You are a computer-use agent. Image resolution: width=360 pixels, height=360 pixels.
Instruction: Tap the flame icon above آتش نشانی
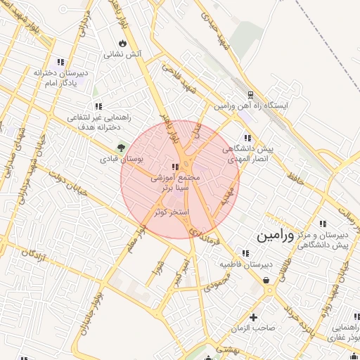point(123,43)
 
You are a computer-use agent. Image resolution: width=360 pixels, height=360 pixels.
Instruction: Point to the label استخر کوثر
point(171,211)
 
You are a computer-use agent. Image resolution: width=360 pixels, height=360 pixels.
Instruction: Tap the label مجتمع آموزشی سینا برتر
point(176,184)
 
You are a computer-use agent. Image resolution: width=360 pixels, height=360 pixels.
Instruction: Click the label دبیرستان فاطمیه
point(245,264)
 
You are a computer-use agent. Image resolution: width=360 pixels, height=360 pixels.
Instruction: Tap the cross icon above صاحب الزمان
point(253,317)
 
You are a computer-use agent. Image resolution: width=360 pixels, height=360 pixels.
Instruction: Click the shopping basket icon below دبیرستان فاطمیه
point(267,280)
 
